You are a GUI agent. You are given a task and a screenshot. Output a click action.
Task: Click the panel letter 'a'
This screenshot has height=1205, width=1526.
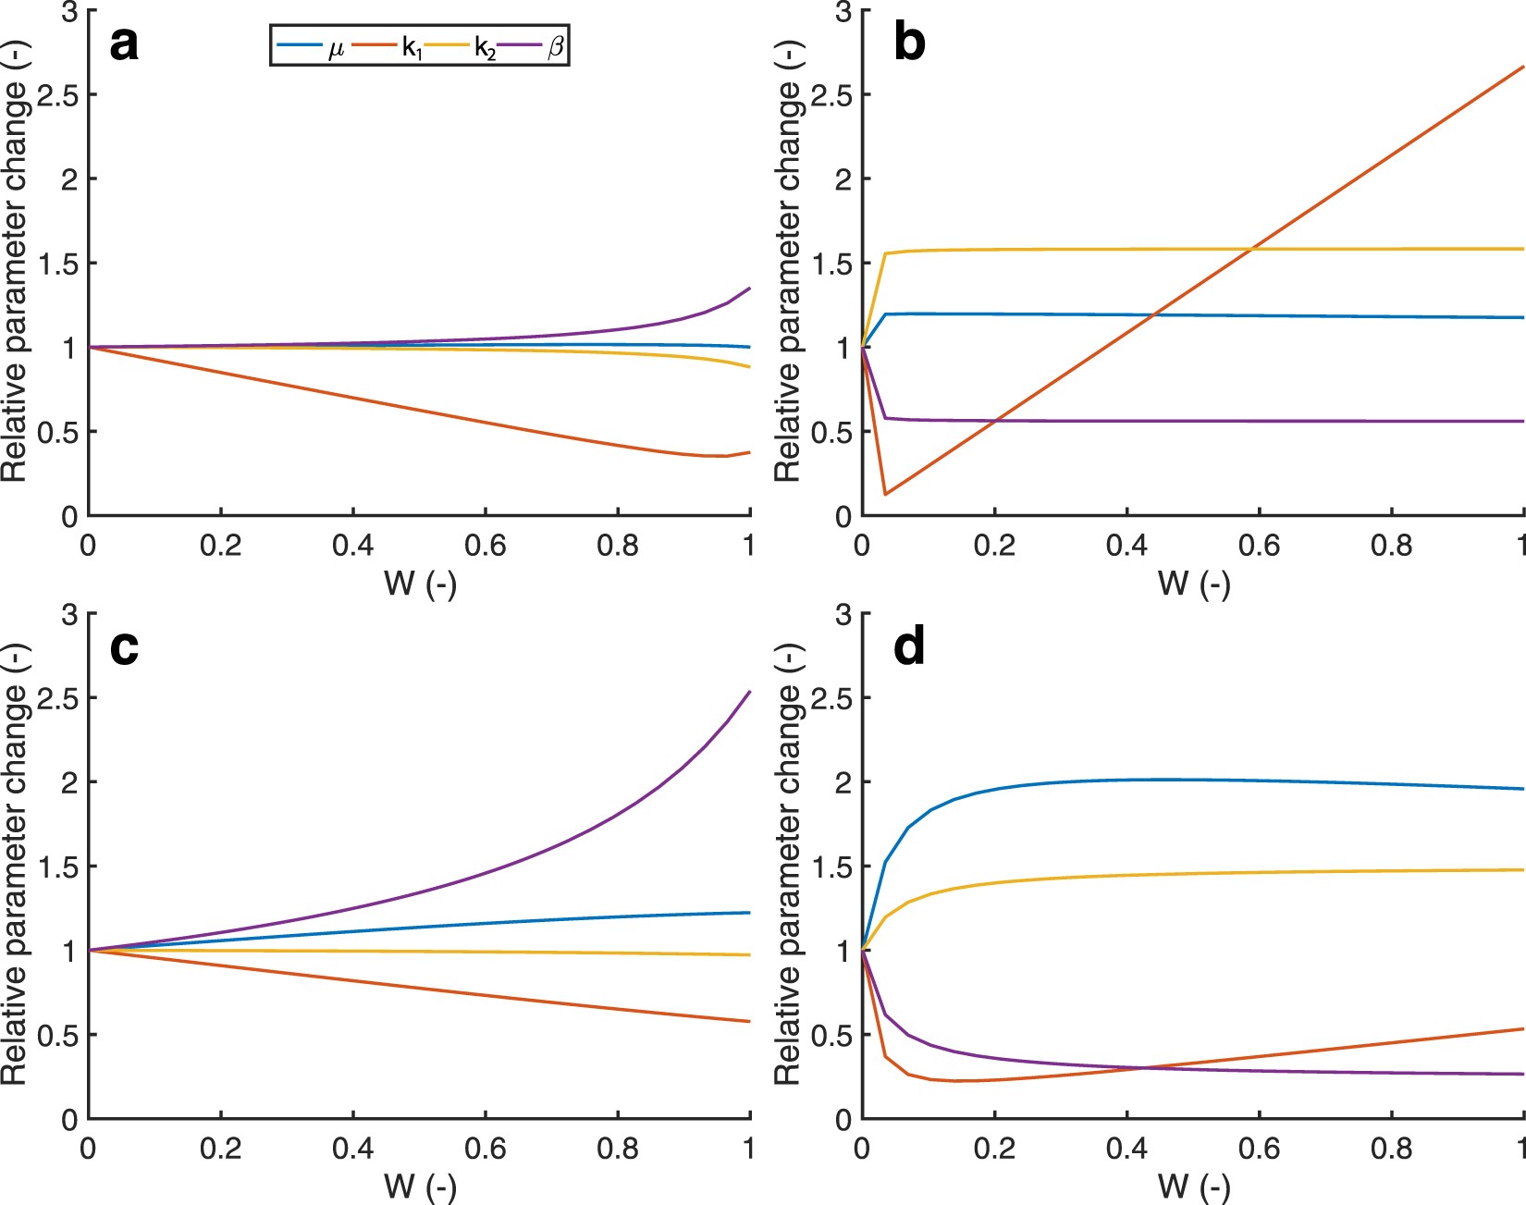pos(124,44)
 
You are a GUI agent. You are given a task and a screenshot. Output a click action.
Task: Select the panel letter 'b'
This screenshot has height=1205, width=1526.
pos(909,44)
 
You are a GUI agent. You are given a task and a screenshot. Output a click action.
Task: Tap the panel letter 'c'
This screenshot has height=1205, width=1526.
pos(124,647)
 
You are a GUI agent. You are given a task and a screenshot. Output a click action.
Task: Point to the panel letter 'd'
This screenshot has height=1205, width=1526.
pos(909,646)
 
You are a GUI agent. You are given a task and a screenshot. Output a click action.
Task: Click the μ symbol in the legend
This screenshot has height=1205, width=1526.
pos(337,48)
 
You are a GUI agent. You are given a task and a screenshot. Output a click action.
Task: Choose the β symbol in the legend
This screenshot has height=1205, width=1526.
pos(556,46)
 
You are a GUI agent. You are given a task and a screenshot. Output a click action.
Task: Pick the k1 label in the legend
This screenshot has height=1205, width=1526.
pos(412,48)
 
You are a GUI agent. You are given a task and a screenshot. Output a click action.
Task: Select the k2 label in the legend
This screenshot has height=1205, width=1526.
pos(485,48)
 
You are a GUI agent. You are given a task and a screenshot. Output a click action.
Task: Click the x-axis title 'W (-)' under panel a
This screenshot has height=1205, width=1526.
pos(420,584)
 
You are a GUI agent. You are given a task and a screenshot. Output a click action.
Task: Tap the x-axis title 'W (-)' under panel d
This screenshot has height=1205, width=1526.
pos(1193,1187)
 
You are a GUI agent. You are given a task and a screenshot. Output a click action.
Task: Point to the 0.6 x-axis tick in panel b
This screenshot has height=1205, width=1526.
pos(1259,546)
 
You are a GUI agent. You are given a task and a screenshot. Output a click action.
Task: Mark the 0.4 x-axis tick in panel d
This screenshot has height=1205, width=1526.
pos(1126,1149)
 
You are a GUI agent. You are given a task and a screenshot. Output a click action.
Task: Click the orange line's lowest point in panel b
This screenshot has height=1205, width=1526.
pos(886,495)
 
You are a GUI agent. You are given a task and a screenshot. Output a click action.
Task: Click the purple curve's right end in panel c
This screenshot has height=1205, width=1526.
pos(749,692)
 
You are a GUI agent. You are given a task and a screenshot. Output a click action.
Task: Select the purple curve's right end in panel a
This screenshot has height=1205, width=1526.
pos(749,289)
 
